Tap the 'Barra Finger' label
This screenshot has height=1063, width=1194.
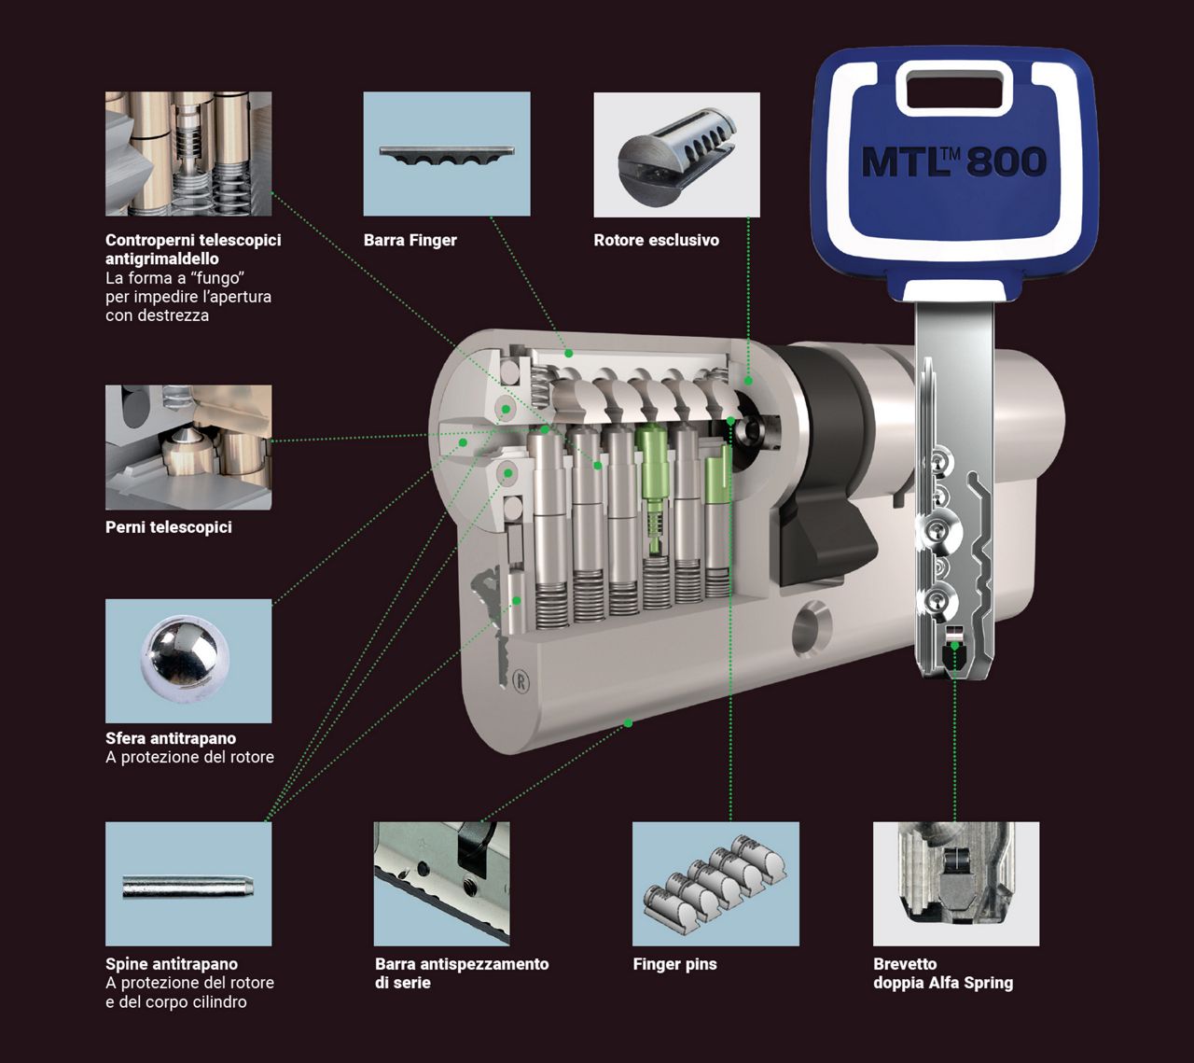coord(410,241)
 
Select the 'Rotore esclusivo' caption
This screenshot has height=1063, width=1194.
coord(657,241)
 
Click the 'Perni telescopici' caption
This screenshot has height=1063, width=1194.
coord(169,527)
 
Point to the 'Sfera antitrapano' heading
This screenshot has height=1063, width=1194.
coord(171,738)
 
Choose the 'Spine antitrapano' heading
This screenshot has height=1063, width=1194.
coord(172,964)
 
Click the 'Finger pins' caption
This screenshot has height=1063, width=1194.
coord(674,965)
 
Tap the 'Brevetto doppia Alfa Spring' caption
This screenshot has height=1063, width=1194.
coord(943,973)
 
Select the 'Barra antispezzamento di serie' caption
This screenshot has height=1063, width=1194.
coord(462,973)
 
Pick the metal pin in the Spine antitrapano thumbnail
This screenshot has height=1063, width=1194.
coord(188,886)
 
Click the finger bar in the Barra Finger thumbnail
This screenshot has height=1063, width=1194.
coord(446,155)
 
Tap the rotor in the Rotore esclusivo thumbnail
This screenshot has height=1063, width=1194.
coord(676,152)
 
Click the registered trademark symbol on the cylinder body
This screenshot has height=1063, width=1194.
coord(521,681)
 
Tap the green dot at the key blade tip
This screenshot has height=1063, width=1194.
coord(954,646)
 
